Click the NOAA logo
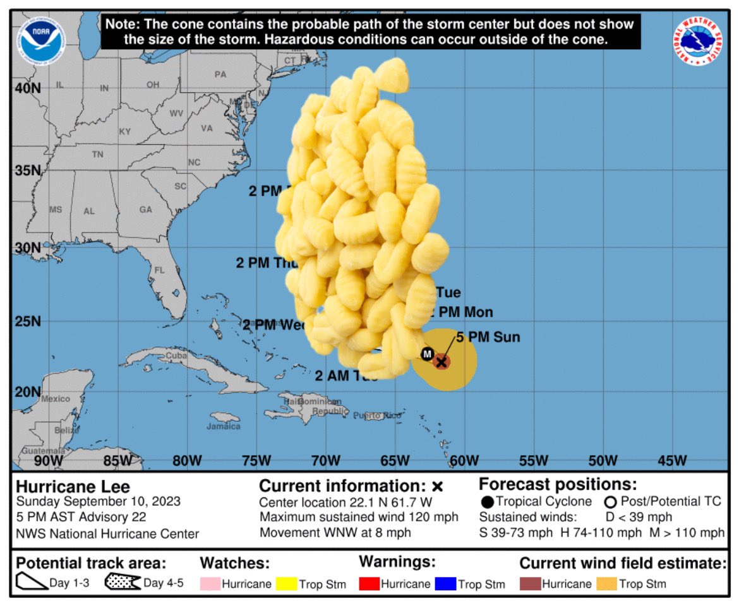pyautogui.click(x=41, y=41)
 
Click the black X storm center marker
pyautogui.click(x=442, y=362)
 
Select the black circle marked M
pyautogui.click(x=427, y=353)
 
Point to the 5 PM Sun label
pyautogui.click(x=488, y=337)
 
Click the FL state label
pyautogui.click(x=159, y=270)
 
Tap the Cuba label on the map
pyautogui.click(x=177, y=357)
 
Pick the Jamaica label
pyautogui.click(x=224, y=426)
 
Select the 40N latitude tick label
pyautogui.click(x=27, y=88)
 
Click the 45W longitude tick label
pyautogui.click(x=672, y=461)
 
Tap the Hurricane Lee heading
pyautogui.click(x=73, y=487)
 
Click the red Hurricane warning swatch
pyautogui.click(x=369, y=584)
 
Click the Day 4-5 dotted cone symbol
pyautogui.click(x=122, y=582)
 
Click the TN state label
pyautogui.click(x=97, y=154)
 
